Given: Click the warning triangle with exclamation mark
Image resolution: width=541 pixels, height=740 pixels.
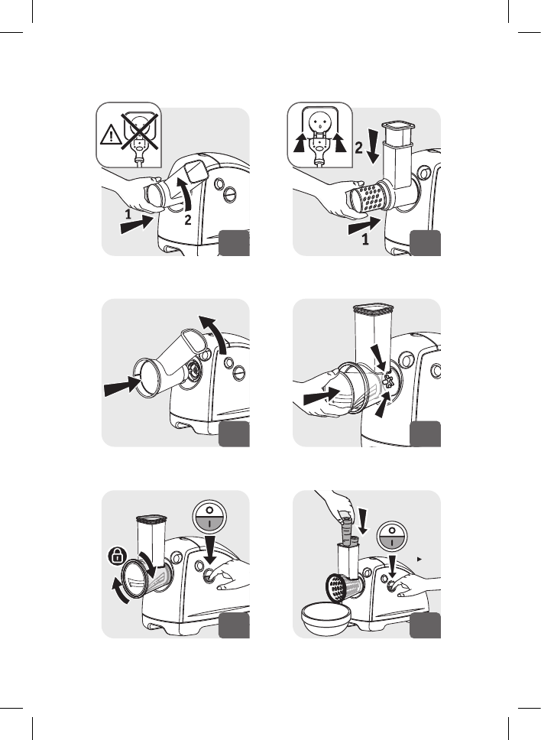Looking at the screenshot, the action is pos(110,135).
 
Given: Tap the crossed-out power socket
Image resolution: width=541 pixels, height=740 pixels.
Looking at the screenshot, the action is pos(139,131).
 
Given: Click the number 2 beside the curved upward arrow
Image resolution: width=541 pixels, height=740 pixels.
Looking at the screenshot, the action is pos(188,220).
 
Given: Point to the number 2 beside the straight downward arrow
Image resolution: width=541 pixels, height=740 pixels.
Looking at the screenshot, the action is pos(359,148).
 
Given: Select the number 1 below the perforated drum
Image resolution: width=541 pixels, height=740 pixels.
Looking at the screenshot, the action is pos(365,240).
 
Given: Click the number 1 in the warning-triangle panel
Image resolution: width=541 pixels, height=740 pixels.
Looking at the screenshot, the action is pos(128,215).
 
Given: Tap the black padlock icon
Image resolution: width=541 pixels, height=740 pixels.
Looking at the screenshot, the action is pos(116,556).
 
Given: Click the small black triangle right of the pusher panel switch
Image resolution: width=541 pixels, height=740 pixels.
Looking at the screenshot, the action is pos(420,560).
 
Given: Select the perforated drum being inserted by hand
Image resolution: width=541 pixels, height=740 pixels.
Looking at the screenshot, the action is pos(368,197).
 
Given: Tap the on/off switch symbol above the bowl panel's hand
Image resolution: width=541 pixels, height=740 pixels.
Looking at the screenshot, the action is pos(392,536).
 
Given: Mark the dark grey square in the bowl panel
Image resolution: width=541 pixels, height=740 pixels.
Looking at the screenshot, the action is pos(425,625).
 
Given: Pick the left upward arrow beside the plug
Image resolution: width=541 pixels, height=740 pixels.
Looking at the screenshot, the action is pos(299,142).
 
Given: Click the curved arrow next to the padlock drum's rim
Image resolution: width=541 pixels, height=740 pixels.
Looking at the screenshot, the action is pos(120,591).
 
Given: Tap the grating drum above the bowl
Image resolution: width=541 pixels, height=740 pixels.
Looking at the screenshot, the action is pos(344,588).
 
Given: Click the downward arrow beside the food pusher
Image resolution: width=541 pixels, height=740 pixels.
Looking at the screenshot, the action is pos(363,522).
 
